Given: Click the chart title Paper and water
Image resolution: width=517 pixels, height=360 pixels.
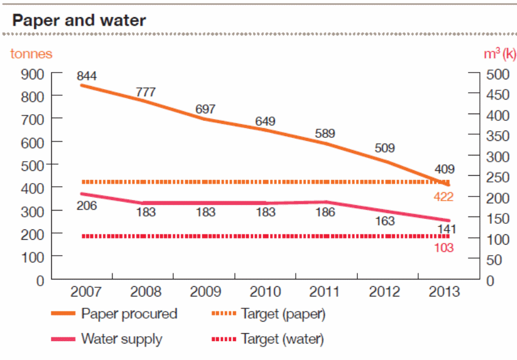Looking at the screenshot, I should pyautogui.click(x=79, y=20).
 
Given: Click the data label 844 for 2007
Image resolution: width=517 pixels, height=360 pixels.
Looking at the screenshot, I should pyautogui.click(x=87, y=76).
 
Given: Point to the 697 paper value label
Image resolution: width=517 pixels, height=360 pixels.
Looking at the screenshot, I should pyautogui.click(x=205, y=109).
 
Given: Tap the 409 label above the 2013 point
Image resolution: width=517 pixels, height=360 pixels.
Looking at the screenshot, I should pyautogui.click(x=444, y=170).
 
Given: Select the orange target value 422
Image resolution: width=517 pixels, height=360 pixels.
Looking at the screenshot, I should pyautogui.click(x=443, y=196).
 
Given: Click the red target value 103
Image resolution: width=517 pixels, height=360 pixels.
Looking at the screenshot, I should pyautogui.click(x=443, y=248).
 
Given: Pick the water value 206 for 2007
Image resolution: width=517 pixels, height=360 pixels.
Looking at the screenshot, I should pyautogui.click(x=87, y=206).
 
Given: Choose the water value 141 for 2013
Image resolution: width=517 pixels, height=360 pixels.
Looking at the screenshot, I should pyautogui.click(x=443, y=228).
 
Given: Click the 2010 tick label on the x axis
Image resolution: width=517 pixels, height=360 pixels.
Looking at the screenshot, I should pyautogui.click(x=266, y=291).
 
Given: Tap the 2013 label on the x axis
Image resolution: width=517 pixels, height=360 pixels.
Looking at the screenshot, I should pyautogui.click(x=444, y=291).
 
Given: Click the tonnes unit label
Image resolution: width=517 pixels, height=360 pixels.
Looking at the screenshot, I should pyautogui.click(x=31, y=54).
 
